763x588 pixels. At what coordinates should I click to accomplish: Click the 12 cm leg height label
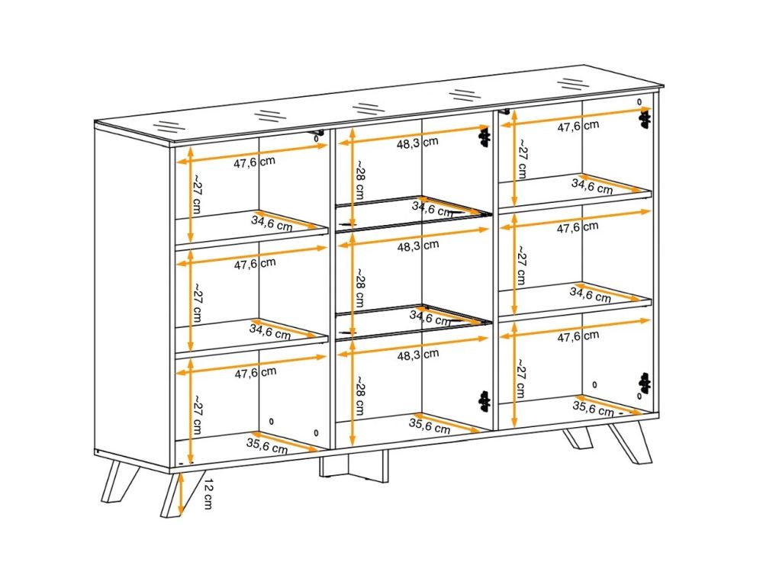click(x=208, y=493)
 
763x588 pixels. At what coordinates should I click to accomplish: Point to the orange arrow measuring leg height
click(x=181, y=493)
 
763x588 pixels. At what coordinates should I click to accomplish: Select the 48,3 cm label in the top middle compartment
click(x=417, y=143)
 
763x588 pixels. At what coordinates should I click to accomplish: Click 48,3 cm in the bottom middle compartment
click(x=417, y=355)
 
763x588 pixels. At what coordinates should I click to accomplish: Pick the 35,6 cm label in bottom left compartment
click(x=266, y=446)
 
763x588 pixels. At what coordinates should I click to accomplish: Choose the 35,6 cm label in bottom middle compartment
click(x=429, y=426)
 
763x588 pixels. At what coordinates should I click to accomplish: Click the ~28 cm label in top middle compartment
click(x=359, y=179)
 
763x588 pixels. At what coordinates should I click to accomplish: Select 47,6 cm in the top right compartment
click(x=578, y=126)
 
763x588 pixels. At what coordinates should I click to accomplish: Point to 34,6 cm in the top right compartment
click(x=592, y=186)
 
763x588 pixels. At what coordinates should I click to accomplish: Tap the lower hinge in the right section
click(x=645, y=383)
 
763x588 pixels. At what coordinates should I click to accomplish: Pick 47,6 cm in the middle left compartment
click(x=255, y=264)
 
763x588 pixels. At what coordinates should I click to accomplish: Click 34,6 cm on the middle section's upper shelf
click(x=433, y=208)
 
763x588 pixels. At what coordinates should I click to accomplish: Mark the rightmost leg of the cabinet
click(x=631, y=442)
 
